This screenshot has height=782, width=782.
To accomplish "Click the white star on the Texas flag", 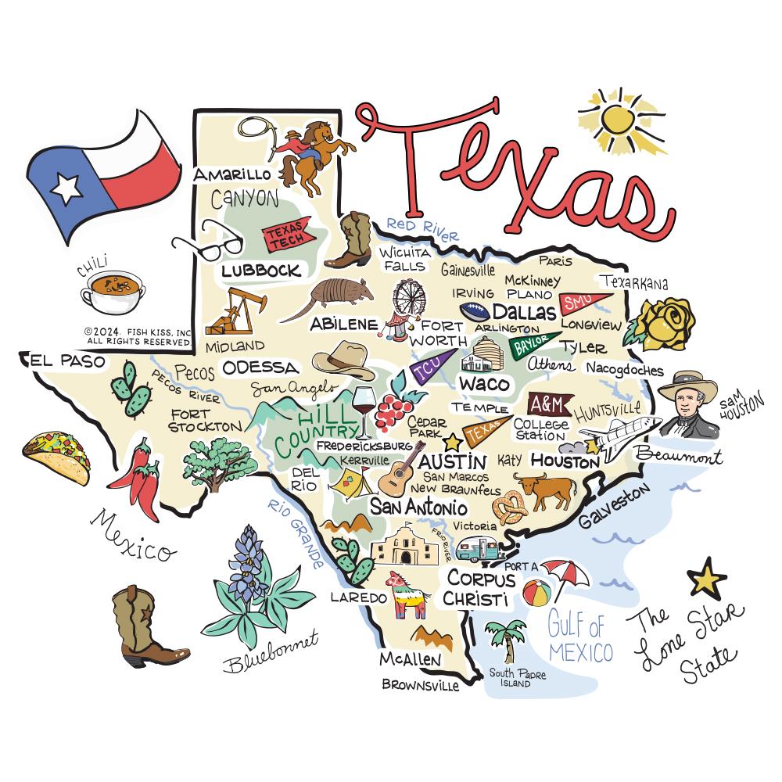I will pos(66,187).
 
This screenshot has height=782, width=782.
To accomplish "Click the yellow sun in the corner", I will pos(618,120).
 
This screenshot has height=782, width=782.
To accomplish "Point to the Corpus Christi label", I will pos(481,589).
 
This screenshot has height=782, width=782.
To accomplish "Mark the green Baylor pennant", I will pos(533,345).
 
